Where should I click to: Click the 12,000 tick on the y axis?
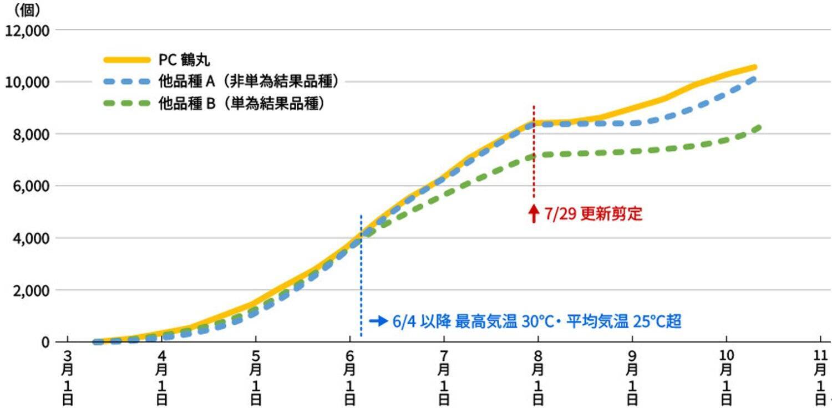pos(27,30)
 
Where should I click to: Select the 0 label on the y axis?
pos(45,342)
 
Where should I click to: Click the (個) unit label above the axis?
pos(26,9)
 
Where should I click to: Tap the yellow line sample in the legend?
pos(127,60)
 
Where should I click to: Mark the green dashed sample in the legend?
pos(127,103)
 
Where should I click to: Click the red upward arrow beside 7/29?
pos(534,213)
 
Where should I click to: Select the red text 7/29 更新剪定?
pos(593,214)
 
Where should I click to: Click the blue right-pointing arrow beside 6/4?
pos(378,321)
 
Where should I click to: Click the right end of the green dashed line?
pos(758,127)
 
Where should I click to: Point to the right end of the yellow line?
pos(754,67)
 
